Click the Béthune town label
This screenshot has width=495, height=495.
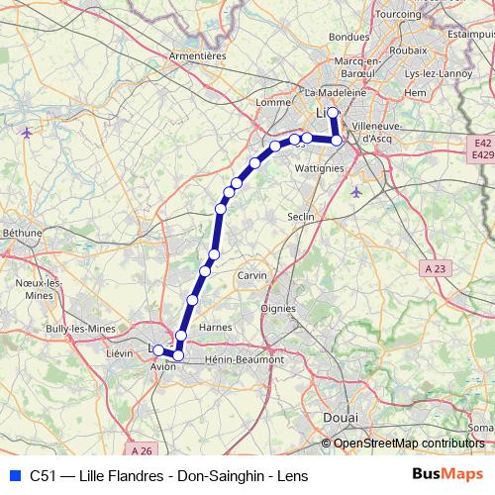21,233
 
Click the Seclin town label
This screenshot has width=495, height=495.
299,216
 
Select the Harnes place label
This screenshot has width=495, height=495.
215,327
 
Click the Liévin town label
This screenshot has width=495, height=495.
120,351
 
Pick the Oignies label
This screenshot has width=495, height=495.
277,307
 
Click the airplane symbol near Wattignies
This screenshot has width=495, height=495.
355,190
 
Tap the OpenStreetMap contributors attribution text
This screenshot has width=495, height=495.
409,444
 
